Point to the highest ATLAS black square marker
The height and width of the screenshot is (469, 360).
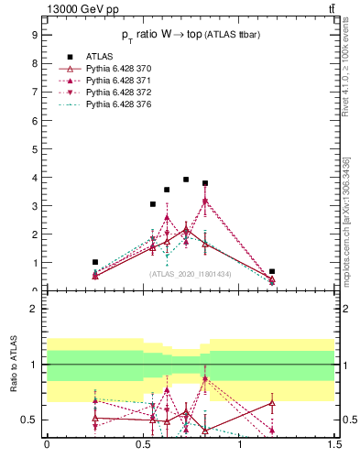coord(186,180)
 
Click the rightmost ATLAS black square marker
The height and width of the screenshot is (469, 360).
coord(272,271)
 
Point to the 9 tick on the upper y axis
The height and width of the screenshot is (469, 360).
coord(34,35)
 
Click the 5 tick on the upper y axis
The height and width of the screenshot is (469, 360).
coord(34,148)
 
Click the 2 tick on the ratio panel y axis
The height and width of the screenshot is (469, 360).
coord(34,309)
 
